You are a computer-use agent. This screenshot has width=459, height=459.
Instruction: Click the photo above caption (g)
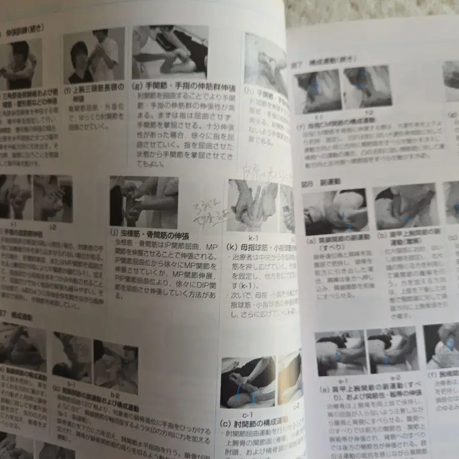(170, 53)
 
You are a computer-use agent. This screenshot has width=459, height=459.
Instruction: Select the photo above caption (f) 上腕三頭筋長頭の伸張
(94, 56)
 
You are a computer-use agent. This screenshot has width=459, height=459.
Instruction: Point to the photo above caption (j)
(144, 202)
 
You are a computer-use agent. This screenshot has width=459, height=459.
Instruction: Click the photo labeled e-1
(339, 352)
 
